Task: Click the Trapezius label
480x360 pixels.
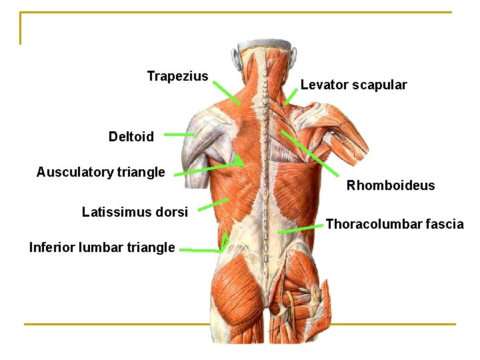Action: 177,77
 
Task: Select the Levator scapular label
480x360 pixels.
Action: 353,85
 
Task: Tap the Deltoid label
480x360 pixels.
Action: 131,137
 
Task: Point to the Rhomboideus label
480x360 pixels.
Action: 390,185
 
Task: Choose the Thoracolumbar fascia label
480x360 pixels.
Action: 395,224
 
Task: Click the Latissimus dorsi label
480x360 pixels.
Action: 135,212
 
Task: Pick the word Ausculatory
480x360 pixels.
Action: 75,172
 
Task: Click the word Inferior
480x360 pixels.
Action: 52,247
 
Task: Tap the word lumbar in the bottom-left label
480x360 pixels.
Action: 100,247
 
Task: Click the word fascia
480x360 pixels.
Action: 445,224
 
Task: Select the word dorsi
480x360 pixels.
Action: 172,212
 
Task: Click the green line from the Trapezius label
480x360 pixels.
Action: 227,91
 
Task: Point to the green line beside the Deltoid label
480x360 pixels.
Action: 179,135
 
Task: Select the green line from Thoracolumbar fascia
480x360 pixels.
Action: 300,229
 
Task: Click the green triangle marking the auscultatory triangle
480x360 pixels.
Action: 239,161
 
